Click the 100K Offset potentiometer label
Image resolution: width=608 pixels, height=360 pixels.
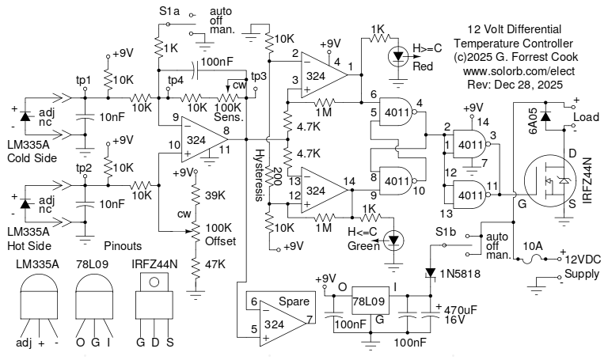point(219,233)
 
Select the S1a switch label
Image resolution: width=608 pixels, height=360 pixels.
point(169,13)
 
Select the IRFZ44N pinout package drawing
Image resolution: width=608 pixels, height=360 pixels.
point(154,305)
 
